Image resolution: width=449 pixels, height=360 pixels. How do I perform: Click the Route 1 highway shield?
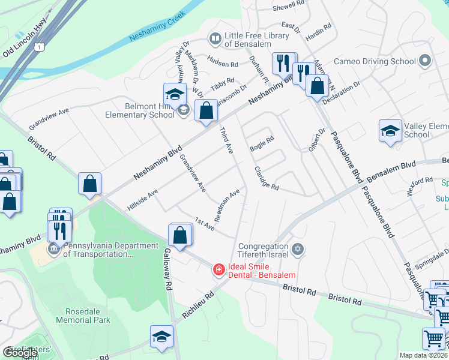click(39, 46)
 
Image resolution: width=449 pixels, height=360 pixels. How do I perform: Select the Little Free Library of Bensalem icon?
click(215, 39)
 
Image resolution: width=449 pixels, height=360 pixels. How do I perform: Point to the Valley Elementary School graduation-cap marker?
click(390, 131)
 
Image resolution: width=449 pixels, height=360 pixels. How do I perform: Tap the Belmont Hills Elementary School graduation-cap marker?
click(175, 95)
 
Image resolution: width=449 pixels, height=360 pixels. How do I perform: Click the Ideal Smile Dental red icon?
click(218, 271)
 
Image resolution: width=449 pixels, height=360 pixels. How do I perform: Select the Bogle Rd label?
click(262, 143)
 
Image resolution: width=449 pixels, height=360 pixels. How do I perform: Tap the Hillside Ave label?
click(142, 200)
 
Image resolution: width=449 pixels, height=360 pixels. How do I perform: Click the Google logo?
click(20, 353)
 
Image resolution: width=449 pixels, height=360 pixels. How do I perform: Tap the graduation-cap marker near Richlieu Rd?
click(161, 337)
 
